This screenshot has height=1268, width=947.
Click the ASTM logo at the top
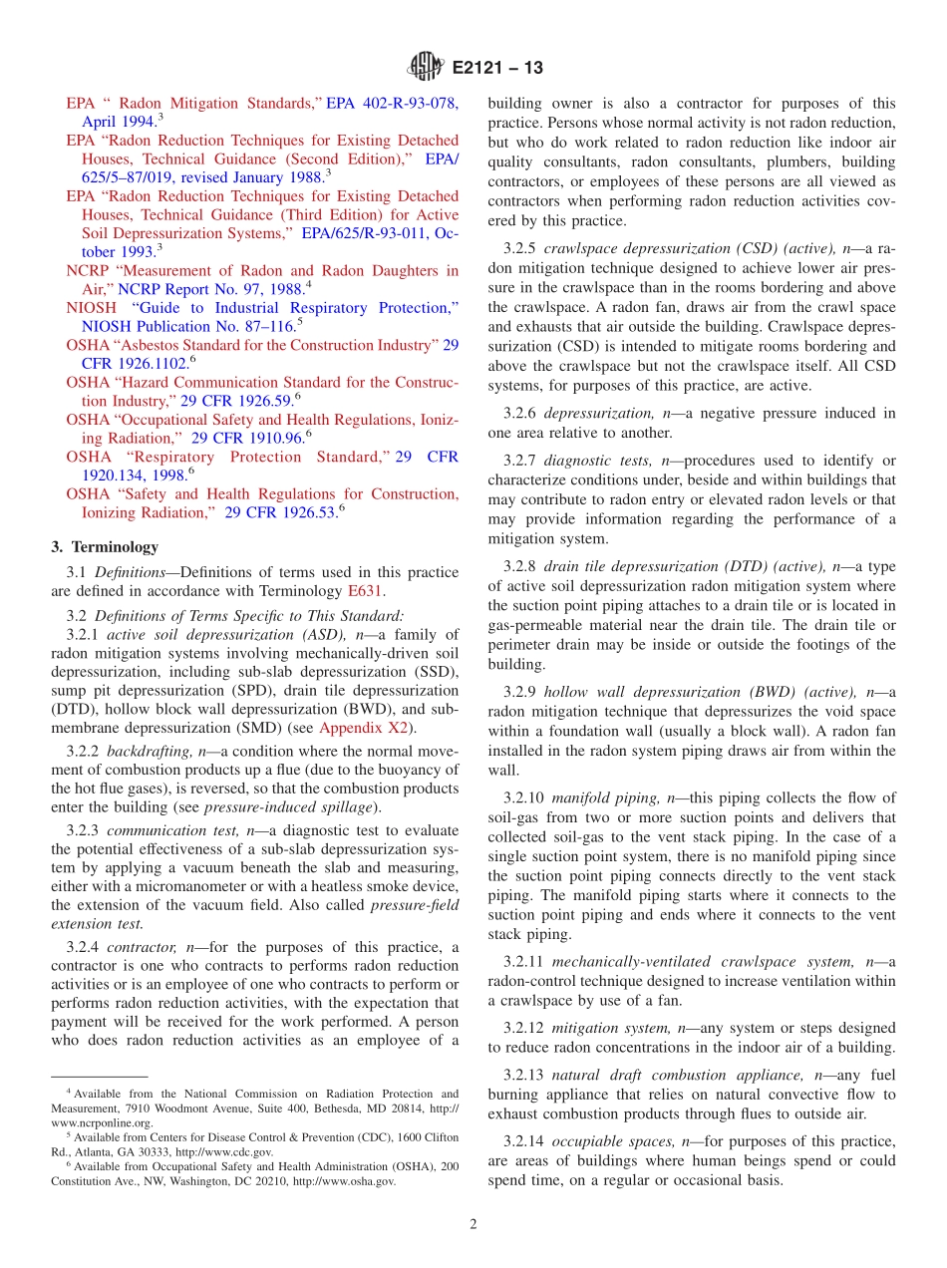tap(425, 68)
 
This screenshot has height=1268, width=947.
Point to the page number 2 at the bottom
tap(473, 1224)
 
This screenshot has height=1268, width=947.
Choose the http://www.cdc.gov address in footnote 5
tap(225, 1151)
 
